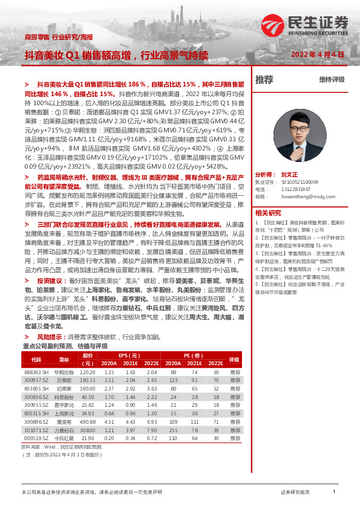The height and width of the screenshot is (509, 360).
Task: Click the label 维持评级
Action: (x=332, y=80)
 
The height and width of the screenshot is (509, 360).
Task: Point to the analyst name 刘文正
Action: (x=290, y=173)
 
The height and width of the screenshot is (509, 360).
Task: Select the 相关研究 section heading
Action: (x=268, y=213)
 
